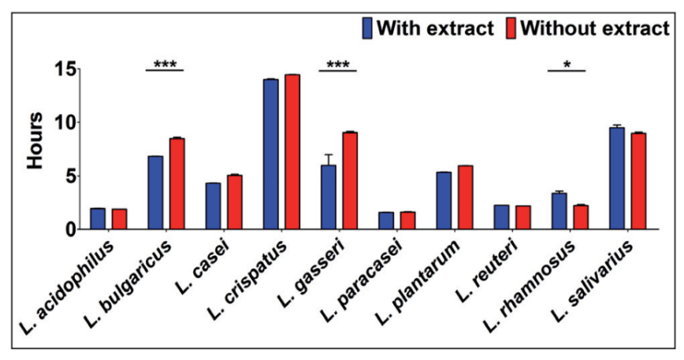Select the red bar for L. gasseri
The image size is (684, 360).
click(x=350, y=181)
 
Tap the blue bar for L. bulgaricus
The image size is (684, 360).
click(x=155, y=193)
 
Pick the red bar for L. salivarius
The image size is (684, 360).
click(x=638, y=181)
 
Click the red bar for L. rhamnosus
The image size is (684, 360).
click(x=581, y=217)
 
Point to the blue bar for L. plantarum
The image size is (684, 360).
click(x=443, y=201)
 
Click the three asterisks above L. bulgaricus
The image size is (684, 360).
click(x=165, y=63)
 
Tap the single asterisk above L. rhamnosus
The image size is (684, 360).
click(x=567, y=63)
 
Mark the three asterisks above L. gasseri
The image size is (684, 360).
click(x=337, y=63)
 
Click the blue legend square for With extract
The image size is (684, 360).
click(x=367, y=28)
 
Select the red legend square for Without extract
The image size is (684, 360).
click(x=510, y=28)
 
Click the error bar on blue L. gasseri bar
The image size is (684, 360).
click(x=328, y=158)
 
